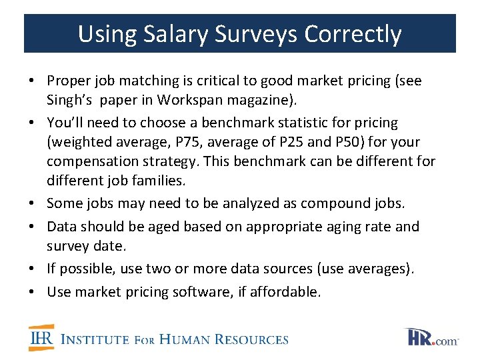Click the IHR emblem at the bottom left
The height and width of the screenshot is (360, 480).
[x=41, y=338]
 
